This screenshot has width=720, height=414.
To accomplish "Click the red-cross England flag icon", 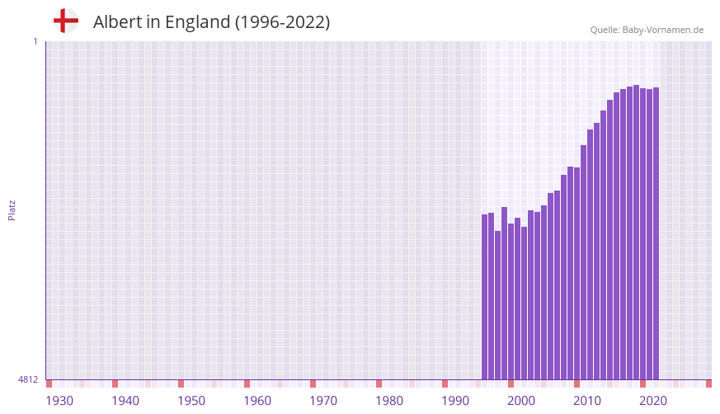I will (x=65, y=21).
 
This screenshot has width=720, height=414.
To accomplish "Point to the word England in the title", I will (x=198, y=22).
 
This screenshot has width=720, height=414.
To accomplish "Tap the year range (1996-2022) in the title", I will (x=282, y=22).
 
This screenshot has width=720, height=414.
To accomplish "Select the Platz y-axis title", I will (x=12, y=209).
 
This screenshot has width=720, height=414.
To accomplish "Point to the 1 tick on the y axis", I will (x=35, y=41).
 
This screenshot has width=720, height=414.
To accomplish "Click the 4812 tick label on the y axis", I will (x=28, y=379).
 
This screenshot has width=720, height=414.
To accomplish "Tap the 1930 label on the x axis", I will (x=59, y=401).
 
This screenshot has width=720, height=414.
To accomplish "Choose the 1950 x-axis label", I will (x=191, y=401).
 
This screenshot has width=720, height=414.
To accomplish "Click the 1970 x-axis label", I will (x=323, y=401).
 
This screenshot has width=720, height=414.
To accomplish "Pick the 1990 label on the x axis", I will (x=455, y=401).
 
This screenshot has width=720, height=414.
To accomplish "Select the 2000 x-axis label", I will (x=521, y=401).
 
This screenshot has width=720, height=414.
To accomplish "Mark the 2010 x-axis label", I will (x=587, y=401).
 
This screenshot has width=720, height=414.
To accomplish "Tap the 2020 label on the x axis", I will (x=653, y=401).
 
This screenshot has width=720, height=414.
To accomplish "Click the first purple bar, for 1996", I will (x=485, y=297).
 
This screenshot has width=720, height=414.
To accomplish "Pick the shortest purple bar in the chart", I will (x=498, y=305).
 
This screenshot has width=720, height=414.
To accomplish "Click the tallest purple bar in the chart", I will (x=636, y=232).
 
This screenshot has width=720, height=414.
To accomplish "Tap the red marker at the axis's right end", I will (x=708, y=383).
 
